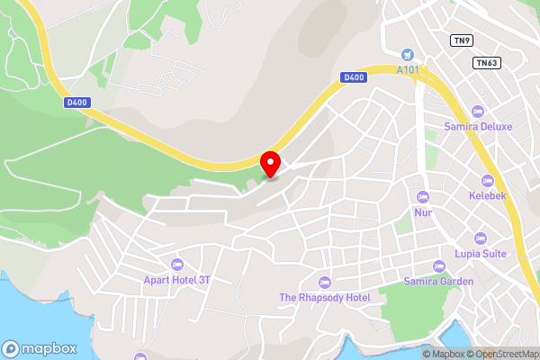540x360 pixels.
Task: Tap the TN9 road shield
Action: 462,40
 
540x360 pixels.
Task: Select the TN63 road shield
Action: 486,62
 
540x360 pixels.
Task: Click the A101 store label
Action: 408,69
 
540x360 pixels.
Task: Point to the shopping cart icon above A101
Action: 408,54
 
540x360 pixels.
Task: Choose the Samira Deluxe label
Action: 478,127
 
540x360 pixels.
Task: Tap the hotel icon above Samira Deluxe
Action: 478,112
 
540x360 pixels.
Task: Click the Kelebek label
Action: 489,195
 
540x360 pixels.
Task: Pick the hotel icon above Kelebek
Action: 489,180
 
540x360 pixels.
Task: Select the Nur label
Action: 423,213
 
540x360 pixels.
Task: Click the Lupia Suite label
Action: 481,254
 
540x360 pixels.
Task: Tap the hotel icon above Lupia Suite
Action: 481,238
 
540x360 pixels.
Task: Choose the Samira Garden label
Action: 439,282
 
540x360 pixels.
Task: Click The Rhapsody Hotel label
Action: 325,298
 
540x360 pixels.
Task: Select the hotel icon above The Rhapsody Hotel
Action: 325,283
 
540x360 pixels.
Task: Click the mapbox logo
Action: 38,348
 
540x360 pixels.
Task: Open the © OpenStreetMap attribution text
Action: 501,354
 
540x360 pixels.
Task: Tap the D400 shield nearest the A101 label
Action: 354,78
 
